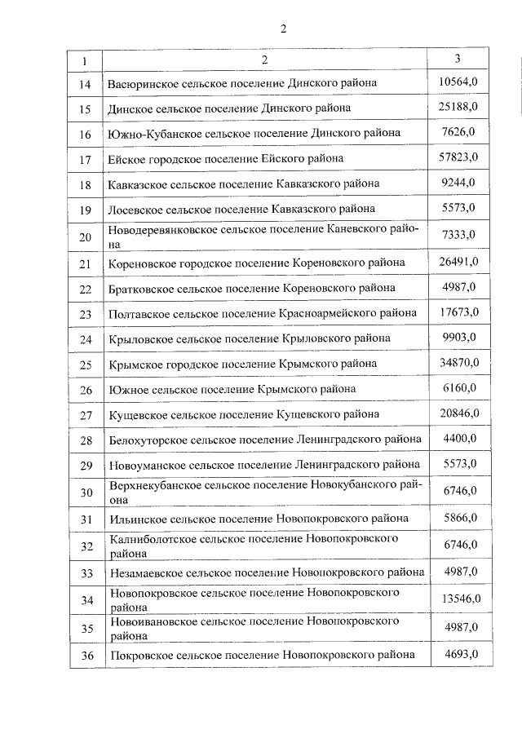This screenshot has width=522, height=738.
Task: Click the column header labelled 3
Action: (458, 60)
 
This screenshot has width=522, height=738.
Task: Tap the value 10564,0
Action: (458, 82)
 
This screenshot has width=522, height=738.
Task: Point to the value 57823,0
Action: (458, 157)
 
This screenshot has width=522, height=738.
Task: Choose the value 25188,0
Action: (458, 107)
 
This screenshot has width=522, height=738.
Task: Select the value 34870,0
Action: (458, 361)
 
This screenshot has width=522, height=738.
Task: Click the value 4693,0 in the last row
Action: (458, 654)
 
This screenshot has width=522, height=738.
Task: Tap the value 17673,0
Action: (458, 312)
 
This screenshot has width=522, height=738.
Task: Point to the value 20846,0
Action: (458, 414)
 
